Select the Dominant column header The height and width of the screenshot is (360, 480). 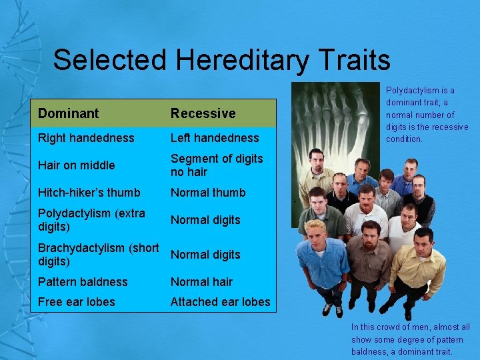pyautogui.click(x=68, y=113)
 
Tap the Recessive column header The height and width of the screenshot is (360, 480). pyautogui.click(x=203, y=113)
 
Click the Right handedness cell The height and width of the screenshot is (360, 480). pyautogui.click(x=86, y=138)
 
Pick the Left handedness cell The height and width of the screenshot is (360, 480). pyautogui.click(x=215, y=138)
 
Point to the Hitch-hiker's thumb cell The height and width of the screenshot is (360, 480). pyautogui.click(x=89, y=193)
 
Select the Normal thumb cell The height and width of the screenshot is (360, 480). pyautogui.click(x=208, y=193)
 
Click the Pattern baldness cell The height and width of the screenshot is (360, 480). pyautogui.click(x=83, y=282)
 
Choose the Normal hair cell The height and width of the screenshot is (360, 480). pyautogui.click(x=201, y=282)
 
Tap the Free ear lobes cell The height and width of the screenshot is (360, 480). pyautogui.click(x=77, y=302)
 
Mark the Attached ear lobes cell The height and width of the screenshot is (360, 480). pyautogui.click(x=221, y=302)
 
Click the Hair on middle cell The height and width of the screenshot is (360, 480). pyautogui.click(x=77, y=165)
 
